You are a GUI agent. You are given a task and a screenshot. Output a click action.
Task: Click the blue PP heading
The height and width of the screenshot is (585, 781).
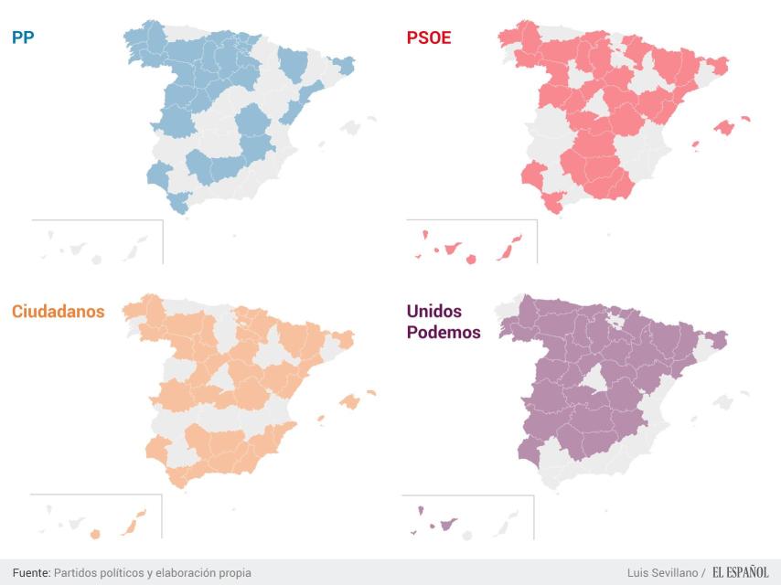click(x=23, y=37)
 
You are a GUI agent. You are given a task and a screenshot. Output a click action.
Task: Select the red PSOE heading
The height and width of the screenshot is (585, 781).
click(x=428, y=37)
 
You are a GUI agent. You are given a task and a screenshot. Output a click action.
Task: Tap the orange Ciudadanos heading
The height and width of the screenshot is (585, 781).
click(x=58, y=311)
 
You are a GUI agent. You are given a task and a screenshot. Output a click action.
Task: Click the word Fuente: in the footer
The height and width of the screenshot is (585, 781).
click(x=31, y=572)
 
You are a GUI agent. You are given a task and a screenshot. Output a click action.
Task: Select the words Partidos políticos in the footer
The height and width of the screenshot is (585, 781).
click(x=96, y=572)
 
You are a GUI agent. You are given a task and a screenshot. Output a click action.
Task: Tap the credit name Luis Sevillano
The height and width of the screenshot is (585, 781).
click(x=662, y=572)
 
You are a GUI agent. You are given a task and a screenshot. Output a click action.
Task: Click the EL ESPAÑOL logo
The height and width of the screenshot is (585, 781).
click(x=740, y=572)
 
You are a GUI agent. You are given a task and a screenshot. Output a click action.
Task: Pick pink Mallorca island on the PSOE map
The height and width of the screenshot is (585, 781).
click(x=724, y=127)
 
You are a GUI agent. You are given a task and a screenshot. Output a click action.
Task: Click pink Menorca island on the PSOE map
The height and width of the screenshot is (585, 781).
click(x=745, y=118)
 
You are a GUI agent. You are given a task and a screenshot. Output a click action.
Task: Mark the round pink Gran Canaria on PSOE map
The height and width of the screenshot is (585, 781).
click(x=471, y=259)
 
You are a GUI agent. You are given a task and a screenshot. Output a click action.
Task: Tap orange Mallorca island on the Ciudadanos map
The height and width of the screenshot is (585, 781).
click(x=348, y=400)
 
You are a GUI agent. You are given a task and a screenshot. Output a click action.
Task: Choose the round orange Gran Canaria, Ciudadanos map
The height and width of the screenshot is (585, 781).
click(x=94, y=534)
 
